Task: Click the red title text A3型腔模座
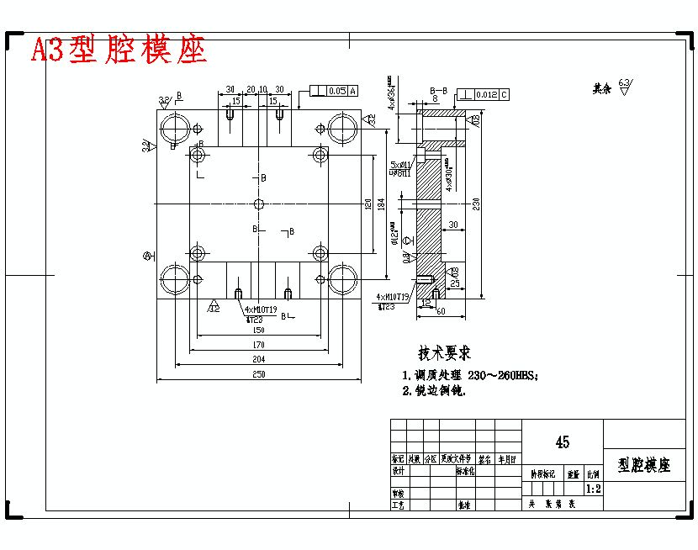click(119, 50)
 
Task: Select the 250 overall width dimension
click(259, 374)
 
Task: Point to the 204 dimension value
click(259, 359)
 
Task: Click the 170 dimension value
click(259, 344)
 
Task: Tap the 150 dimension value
click(259, 330)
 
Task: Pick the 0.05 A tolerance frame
click(335, 90)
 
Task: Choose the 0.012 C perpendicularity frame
click(483, 94)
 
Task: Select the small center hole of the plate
click(259, 204)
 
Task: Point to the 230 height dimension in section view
click(476, 204)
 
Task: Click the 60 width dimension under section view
click(441, 311)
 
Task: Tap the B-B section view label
click(438, 89)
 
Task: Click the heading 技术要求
click(445, 353)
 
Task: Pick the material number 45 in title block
click(562, 442)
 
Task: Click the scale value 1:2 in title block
click(593, 488)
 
